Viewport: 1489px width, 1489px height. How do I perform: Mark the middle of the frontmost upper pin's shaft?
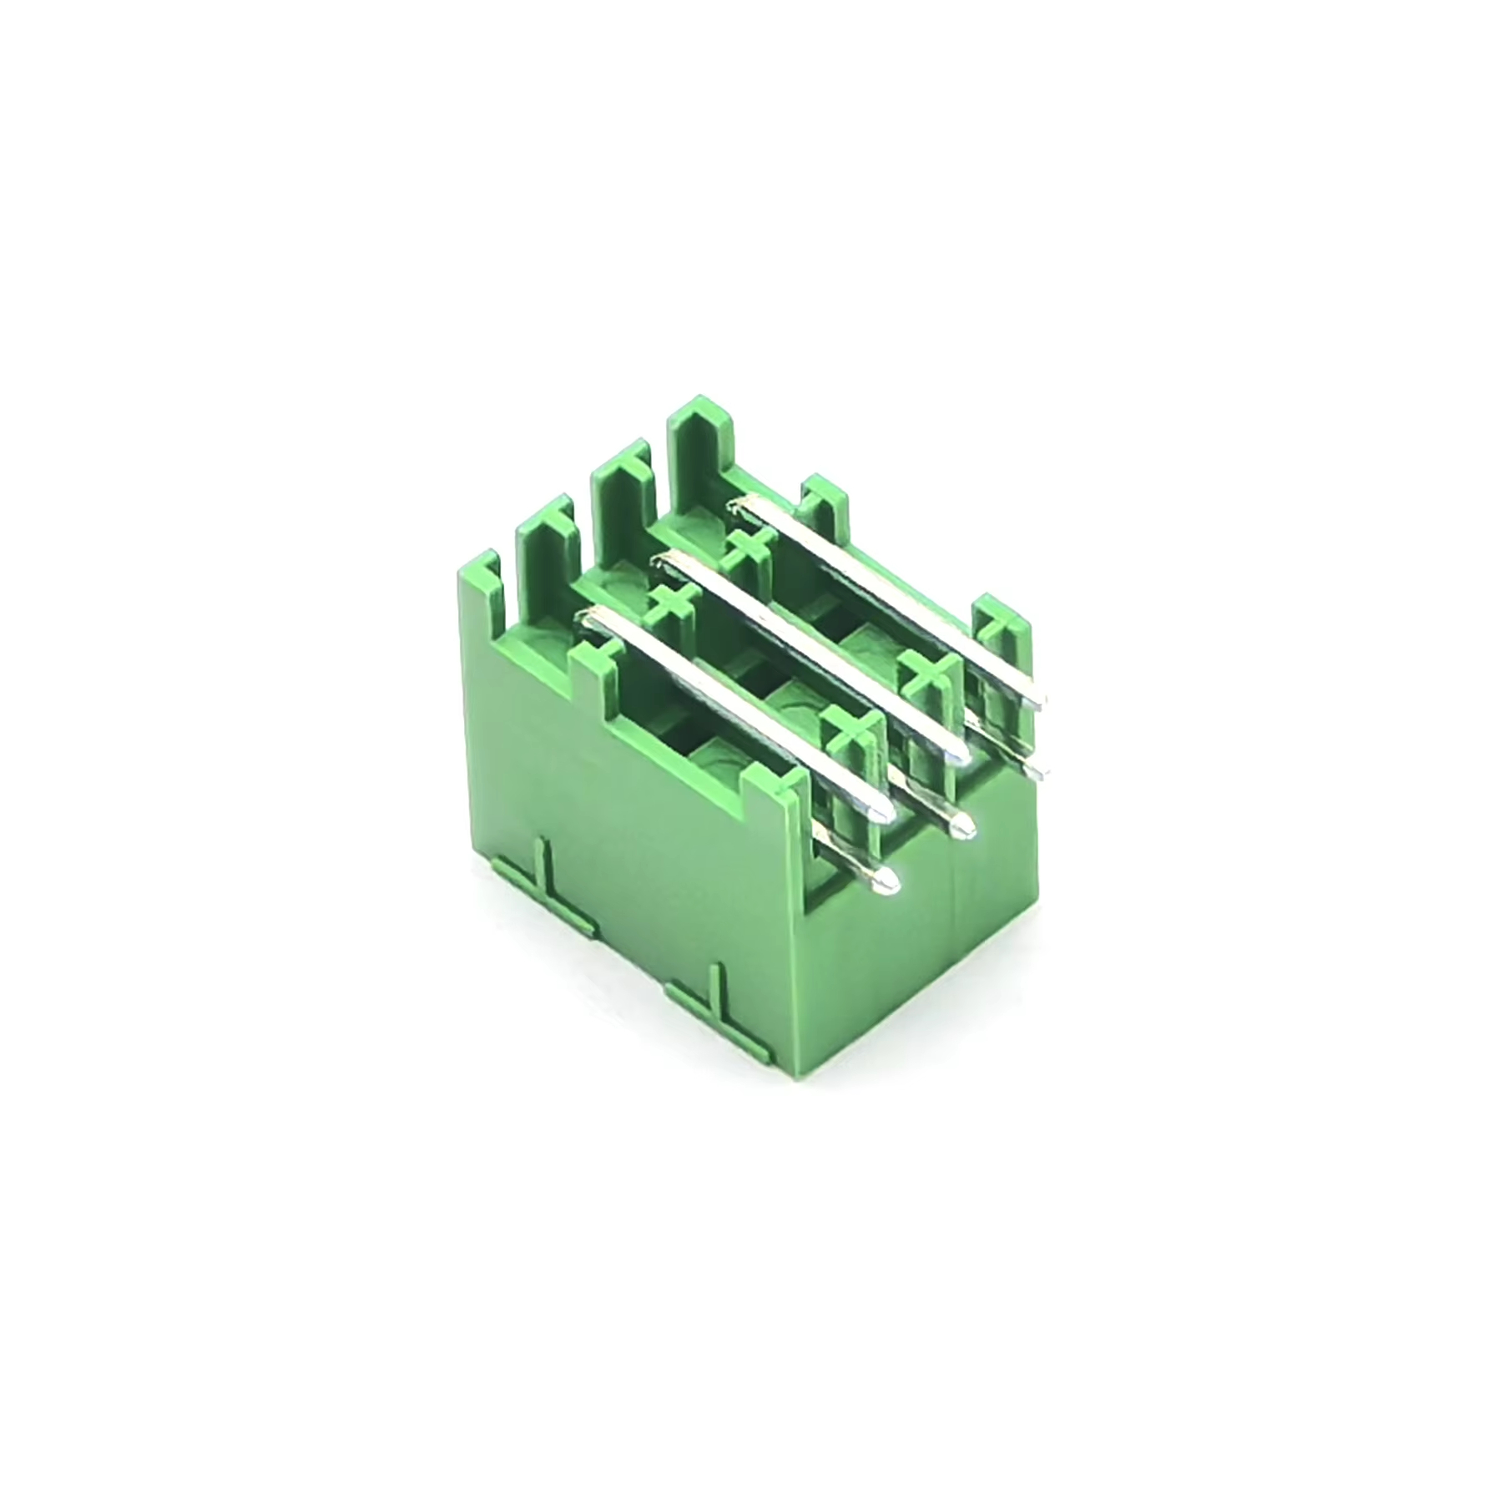coord(734,714)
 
